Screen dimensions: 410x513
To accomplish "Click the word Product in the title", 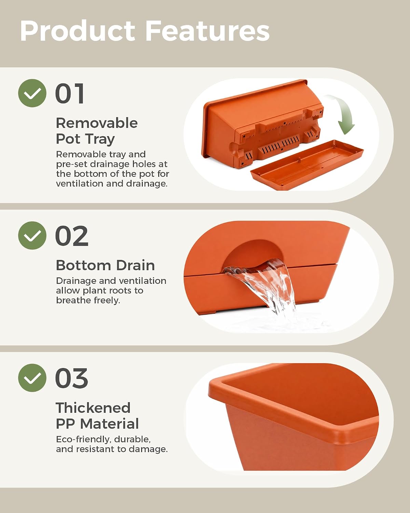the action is (x=78, y=31).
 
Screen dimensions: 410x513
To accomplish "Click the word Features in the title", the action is (x=207, y=31).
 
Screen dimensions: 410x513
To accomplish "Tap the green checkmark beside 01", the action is (x=32, y=93).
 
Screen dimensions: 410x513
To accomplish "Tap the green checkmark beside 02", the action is (x=32, y=235).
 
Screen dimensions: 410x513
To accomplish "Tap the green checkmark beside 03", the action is (x=32, y=378).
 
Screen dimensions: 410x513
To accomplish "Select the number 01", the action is (x=70, y=93).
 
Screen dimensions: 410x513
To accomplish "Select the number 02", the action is (x=72, y=236).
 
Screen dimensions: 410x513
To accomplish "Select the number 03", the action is (x=72, y=378).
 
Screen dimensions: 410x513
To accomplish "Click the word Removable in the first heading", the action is (x=97, y=123).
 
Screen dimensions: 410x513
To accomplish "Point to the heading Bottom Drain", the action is (x=105, y=265).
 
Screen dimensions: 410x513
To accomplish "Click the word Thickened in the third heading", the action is (x=93, y=408).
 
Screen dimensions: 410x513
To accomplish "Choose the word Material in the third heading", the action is (x=109, y=424).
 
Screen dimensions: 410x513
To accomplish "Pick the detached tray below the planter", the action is (x=307, y=165).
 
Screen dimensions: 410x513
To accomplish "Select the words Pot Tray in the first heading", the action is (x=85, y=139).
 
